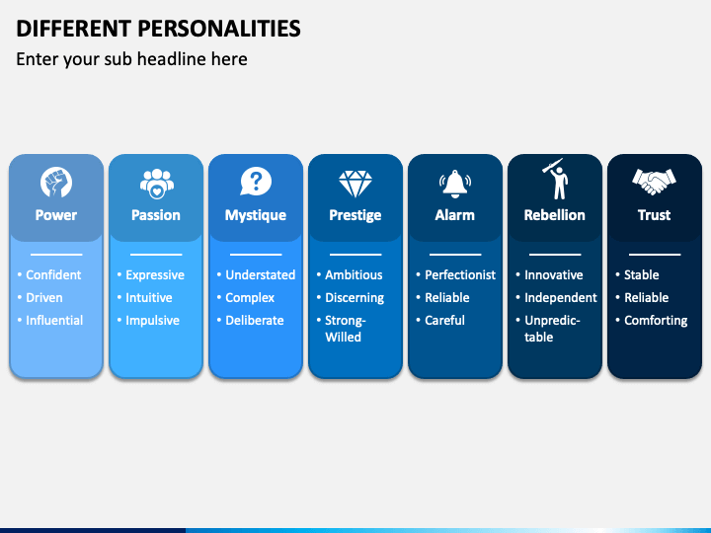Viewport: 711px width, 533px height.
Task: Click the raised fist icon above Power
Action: (56, 183)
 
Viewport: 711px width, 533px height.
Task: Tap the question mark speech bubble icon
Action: (255, 182)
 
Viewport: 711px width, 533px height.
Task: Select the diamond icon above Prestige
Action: (355, 183)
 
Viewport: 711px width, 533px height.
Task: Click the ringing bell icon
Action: (454, 183)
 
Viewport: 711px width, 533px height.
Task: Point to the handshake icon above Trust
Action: (654, 182)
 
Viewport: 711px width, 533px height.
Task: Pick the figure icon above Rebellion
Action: (555, 180)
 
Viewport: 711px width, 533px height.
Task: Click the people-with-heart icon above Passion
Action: (156, 183)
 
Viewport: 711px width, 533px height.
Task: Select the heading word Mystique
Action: (255, 215)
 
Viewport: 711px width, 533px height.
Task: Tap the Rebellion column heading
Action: (554, 215)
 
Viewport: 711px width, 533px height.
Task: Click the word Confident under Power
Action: (53, 275)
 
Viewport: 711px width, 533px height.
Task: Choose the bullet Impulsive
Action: (152, 321)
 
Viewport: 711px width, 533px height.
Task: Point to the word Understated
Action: (260, 275)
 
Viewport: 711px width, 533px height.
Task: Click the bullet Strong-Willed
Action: (345, 329)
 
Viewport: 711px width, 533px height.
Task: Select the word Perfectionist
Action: (460, 275)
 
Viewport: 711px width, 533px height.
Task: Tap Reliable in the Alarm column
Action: (447, 298)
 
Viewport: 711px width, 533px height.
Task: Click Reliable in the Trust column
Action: (646, 298)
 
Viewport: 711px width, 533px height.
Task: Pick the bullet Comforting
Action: (656, 321)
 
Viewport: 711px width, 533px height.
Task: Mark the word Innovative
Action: (553, 275)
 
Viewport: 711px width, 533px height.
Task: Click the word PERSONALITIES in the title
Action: (212, 28)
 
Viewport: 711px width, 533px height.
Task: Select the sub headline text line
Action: (131, 59)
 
